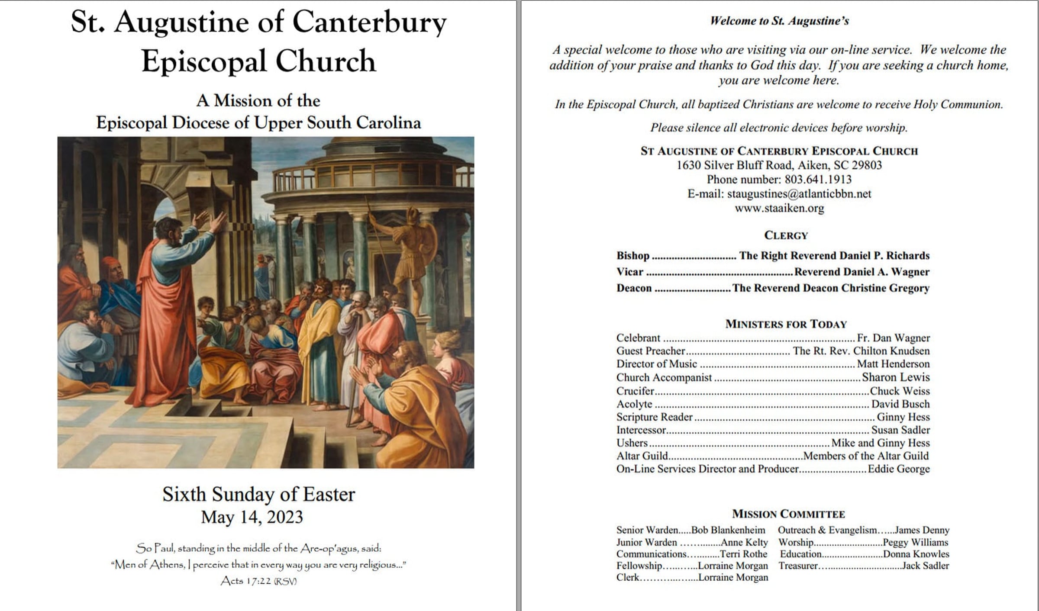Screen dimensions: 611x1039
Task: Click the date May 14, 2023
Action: pyautogui.click(x=252, y=517)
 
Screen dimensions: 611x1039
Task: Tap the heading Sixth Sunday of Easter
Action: pyautogui.click(x=258, y=494)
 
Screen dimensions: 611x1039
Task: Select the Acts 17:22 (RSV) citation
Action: pyautogui.click(x=258, y=581)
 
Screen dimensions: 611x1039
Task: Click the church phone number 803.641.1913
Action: pyautogui.click(x=818, y=180)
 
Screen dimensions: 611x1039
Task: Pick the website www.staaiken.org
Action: pyautogui.click(x=779, y=208)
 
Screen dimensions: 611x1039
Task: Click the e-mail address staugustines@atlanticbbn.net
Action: pyautogui.click(x=799, y=194)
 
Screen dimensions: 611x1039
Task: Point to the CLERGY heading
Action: pyautogui.click(x=786, y=235)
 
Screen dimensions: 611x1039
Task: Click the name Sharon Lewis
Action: pyautogui.click(x=895, y=377)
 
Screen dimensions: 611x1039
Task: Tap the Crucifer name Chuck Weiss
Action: pyautogui.click(x=900, y=391)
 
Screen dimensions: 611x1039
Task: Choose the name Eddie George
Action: pyautogui.click(x=898, y=469)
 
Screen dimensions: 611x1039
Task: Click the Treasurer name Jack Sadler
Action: pyautogui.click(x=925, y=566)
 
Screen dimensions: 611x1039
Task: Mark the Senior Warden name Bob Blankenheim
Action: pyautogui.click(x=728, y=530)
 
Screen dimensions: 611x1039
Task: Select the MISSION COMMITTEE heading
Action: pyautogui.click(x=788, y=514)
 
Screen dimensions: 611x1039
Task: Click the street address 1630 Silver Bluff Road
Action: pyautogui.click(x=730, y=165)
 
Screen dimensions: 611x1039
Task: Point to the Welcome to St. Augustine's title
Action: pyautogui.click(x=779, y=21)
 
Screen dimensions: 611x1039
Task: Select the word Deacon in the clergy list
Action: pyautogui.click(x=634, y=288)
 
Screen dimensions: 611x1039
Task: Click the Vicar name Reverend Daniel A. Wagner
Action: pyautogui.click(x=862, y=272)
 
